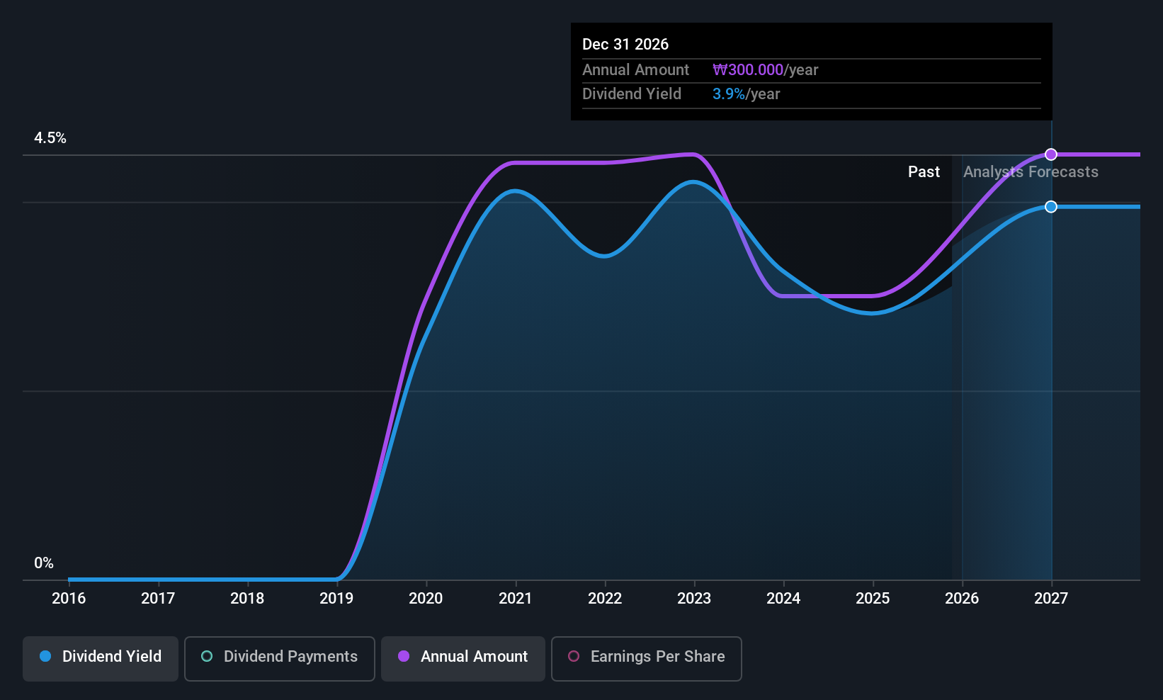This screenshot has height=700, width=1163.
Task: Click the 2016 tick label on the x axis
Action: (69, 599)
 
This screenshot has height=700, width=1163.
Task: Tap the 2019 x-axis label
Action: (336, 599)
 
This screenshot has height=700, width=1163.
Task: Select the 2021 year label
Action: (515, 599)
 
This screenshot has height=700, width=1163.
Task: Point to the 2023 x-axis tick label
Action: (693, 599)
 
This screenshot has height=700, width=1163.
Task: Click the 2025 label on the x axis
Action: (872, 599)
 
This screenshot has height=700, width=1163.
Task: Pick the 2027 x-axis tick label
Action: (1050, 599)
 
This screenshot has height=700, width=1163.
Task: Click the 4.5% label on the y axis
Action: (50, 138)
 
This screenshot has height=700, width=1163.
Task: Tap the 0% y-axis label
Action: (44, 563)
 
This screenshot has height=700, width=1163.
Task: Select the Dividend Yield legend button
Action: (101, 657)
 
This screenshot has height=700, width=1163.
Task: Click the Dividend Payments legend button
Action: (280, 657)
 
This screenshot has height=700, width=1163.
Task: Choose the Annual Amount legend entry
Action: (463, 657)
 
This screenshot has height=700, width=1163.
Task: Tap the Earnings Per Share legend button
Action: (646, 657)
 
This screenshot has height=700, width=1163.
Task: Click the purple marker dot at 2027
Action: (1051, 154)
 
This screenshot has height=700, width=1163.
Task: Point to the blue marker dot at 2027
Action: (1051, 207)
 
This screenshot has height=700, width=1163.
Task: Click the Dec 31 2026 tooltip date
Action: (625, 45)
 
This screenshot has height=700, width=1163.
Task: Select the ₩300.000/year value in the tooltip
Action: (765, 70)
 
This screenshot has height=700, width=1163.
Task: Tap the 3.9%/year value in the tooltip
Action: (746, 94)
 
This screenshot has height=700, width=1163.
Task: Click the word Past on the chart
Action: (924, 172)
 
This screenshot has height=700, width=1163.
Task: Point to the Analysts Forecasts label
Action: (1031, 172)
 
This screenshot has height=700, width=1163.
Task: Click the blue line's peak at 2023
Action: (693, 182)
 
